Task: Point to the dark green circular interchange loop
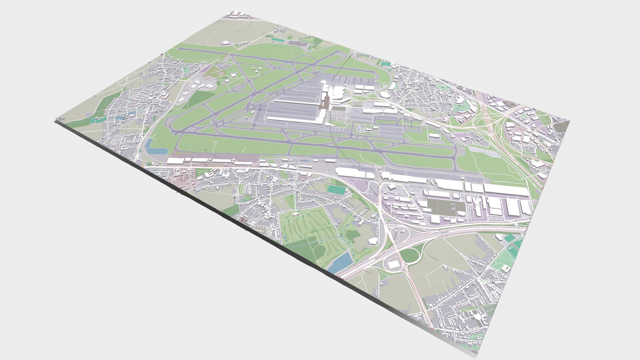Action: [x=409, y=255]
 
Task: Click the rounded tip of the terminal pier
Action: [x=323, y=82]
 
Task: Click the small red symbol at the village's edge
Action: [x=243, y=220]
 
